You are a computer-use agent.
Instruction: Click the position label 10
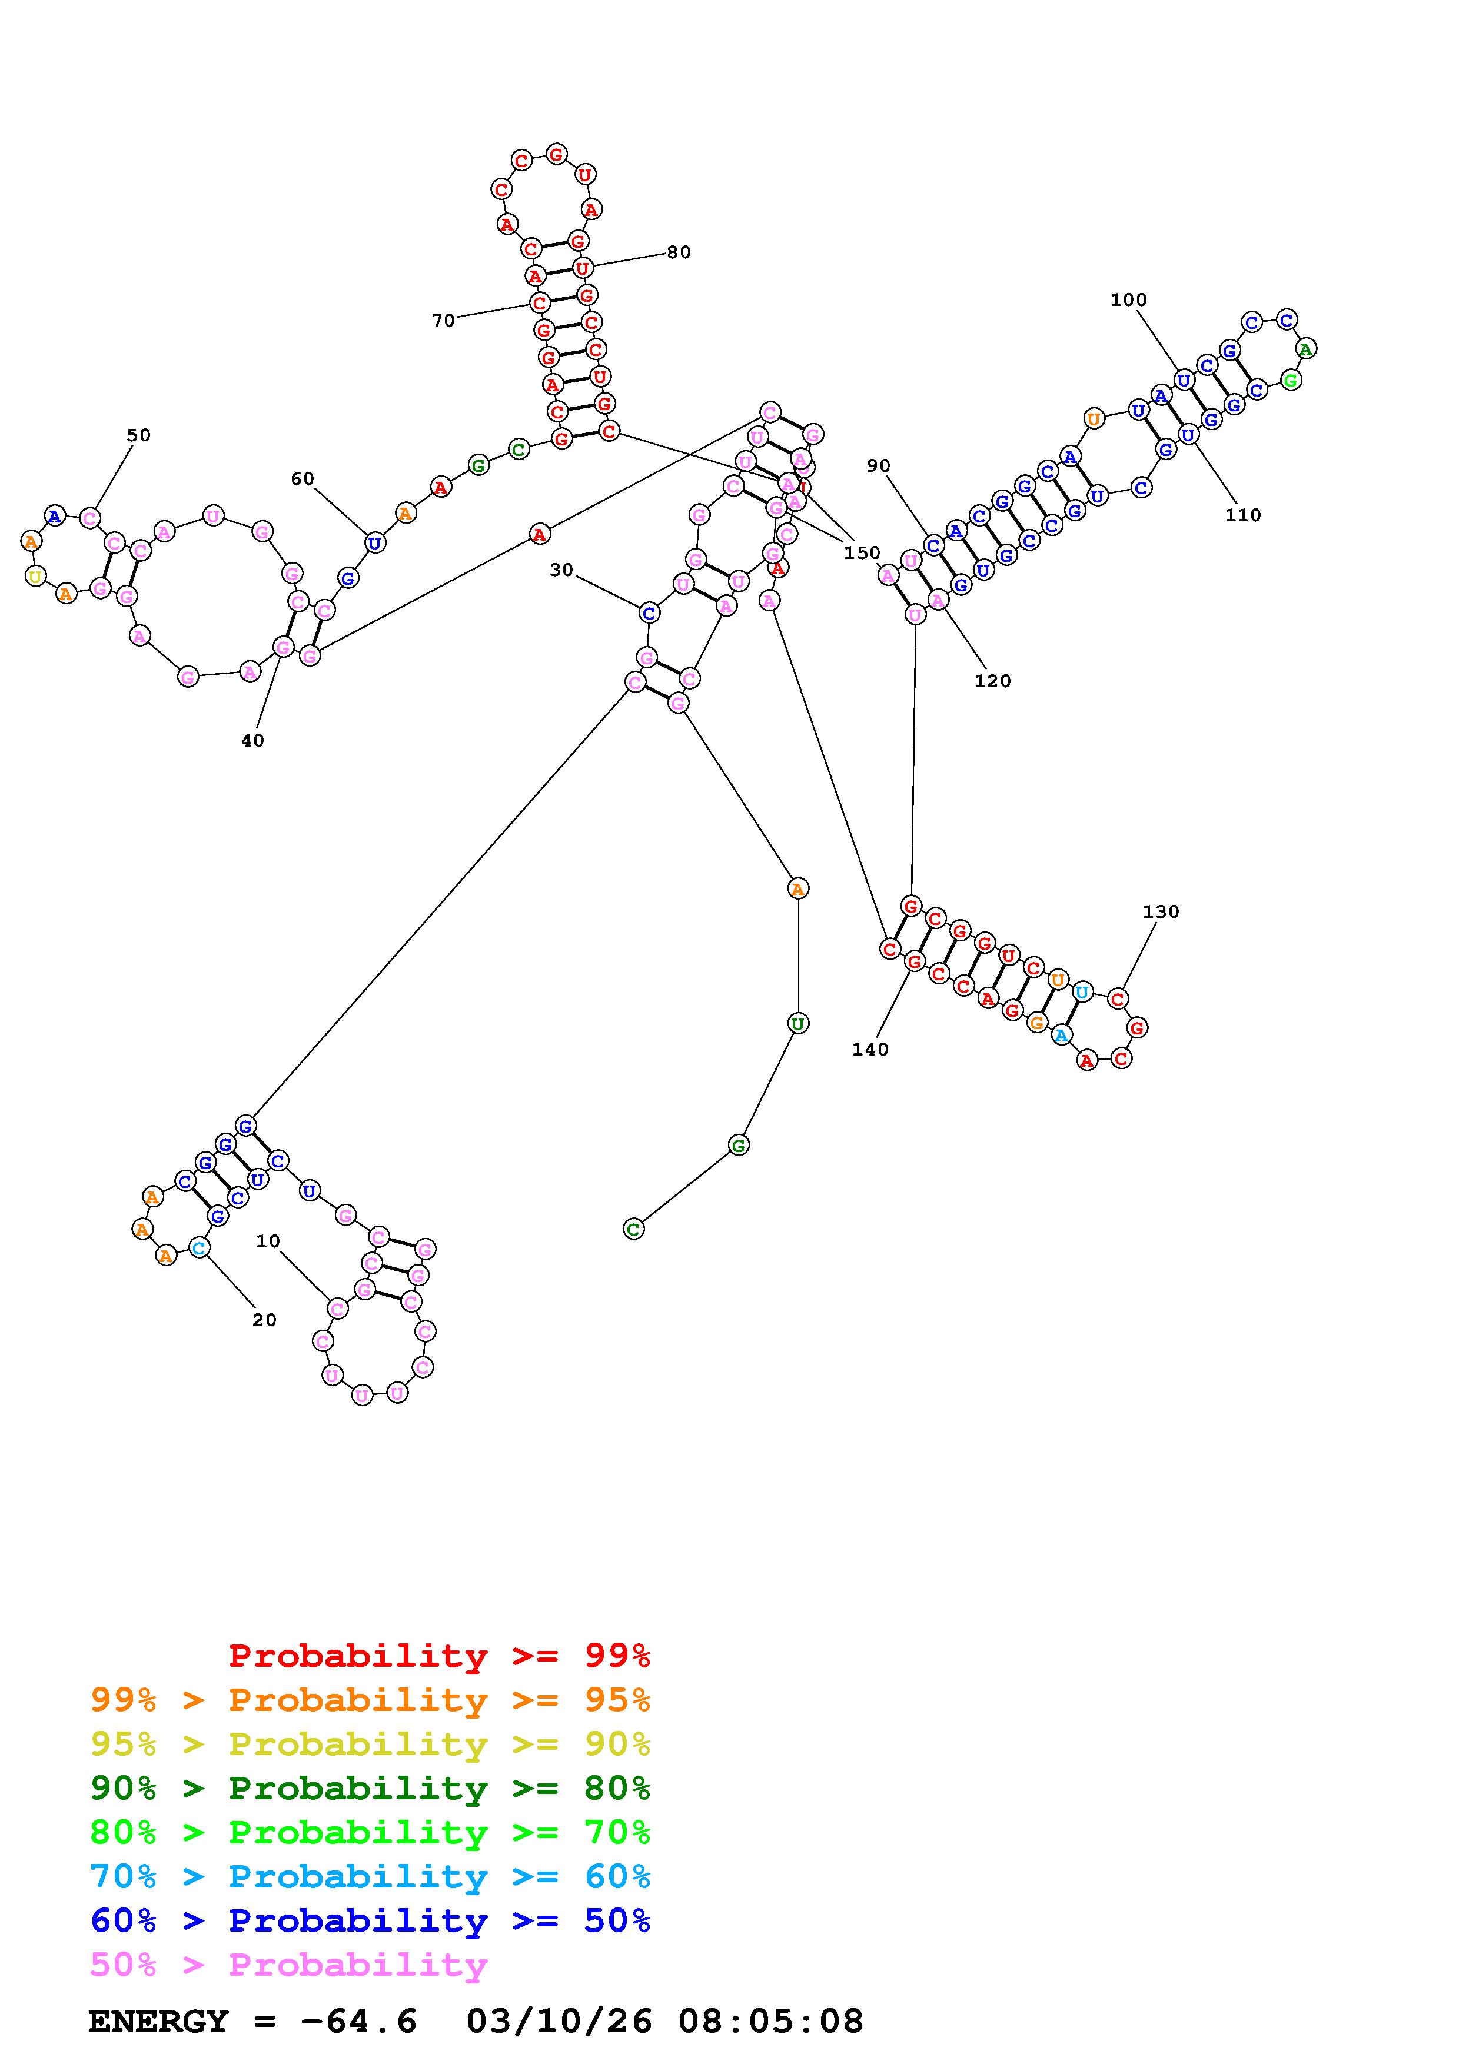[x=268, y=1241]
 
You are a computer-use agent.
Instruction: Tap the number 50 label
[x=138, y=435]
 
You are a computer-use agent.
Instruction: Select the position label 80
[x=679, y=252]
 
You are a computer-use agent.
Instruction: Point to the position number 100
[x=1128, y=300]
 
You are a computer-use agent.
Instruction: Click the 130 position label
[x=1161, y=911]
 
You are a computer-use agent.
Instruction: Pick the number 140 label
[x=870, y=1049]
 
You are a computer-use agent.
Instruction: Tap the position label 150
[x=861, y=553]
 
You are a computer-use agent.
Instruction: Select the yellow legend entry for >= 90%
[x=370, y=1744]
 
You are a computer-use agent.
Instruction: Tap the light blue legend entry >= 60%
[x=370, y=1876]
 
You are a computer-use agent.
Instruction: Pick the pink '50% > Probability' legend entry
[x=288, y=1964]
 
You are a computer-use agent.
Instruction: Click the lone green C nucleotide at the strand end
[x=634, y=1229]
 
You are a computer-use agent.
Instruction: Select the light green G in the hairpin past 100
[x=1291, y=380]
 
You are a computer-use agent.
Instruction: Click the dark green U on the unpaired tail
[x=797, y=1023]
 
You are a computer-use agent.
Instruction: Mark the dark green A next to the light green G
[x=1306, y=348]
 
